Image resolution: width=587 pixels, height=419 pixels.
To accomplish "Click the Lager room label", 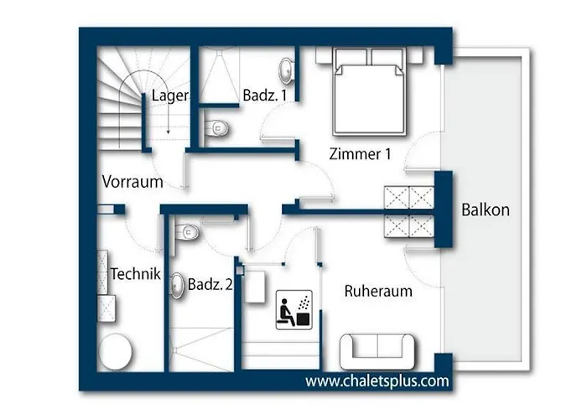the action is (169, 96).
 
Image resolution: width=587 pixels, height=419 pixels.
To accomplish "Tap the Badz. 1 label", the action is (265, 95).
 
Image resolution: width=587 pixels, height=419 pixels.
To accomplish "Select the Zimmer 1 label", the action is (360, 153).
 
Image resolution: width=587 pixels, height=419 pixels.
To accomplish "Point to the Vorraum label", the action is (132, 182).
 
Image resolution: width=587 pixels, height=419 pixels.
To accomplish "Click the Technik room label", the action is (135, 274).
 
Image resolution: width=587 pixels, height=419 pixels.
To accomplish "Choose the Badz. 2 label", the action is (210, 284).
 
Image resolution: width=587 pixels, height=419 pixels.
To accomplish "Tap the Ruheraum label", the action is (378, 291).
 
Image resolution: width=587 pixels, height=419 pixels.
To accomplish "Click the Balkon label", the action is (486, 209).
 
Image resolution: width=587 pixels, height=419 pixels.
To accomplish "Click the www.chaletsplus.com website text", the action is (377, 381).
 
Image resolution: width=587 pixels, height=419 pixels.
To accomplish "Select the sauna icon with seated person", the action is (293, 310).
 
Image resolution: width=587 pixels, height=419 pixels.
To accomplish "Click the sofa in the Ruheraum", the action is (377, 352).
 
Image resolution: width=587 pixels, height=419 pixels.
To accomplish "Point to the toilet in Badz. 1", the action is (216, 128).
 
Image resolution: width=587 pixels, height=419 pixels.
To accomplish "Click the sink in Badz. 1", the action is (287, 70).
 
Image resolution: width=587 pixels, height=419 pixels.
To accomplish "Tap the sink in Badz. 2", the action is (178, 287).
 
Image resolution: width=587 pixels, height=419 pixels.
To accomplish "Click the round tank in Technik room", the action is (116, 352).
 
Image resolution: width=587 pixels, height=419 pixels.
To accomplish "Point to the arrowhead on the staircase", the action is (168, 132).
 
